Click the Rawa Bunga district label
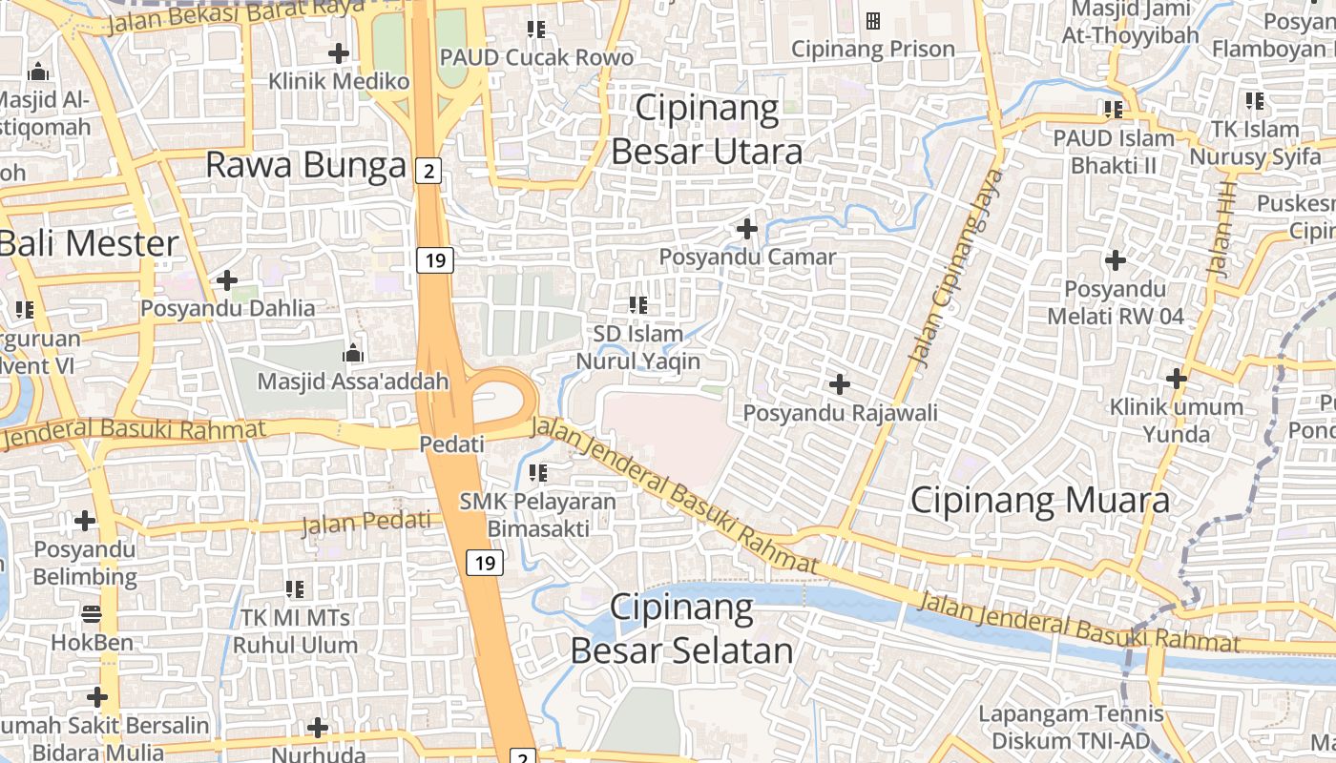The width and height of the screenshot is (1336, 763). [x=305, y=166]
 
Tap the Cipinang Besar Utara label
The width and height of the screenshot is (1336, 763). [x=706, y=130]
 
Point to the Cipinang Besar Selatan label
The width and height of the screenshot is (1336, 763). [x=681, y=629]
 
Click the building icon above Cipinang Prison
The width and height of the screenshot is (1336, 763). [x=872, y=20]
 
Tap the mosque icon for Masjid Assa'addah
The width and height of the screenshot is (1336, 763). [x=353, y=353]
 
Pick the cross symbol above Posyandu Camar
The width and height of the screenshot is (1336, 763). [x=747, y=229]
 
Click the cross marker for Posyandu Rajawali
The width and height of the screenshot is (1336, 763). [x=840, y=384]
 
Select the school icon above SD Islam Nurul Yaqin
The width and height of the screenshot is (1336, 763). [x=637, y=305]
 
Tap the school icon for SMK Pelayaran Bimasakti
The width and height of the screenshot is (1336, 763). [x=538, y=472]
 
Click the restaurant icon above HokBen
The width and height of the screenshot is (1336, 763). [x=92, y=613]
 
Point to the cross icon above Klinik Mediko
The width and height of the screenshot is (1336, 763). [x=338, y=53]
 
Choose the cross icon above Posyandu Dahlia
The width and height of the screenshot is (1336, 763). [x=227, y=280]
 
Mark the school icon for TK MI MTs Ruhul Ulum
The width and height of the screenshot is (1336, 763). [x=295, y=588]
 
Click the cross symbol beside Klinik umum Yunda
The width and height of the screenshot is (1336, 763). [x=1177, y=379]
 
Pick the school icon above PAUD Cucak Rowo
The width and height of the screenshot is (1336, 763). [x=536, y=30]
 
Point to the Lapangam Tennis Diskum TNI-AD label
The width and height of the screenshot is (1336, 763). [x=1071, y=727]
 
